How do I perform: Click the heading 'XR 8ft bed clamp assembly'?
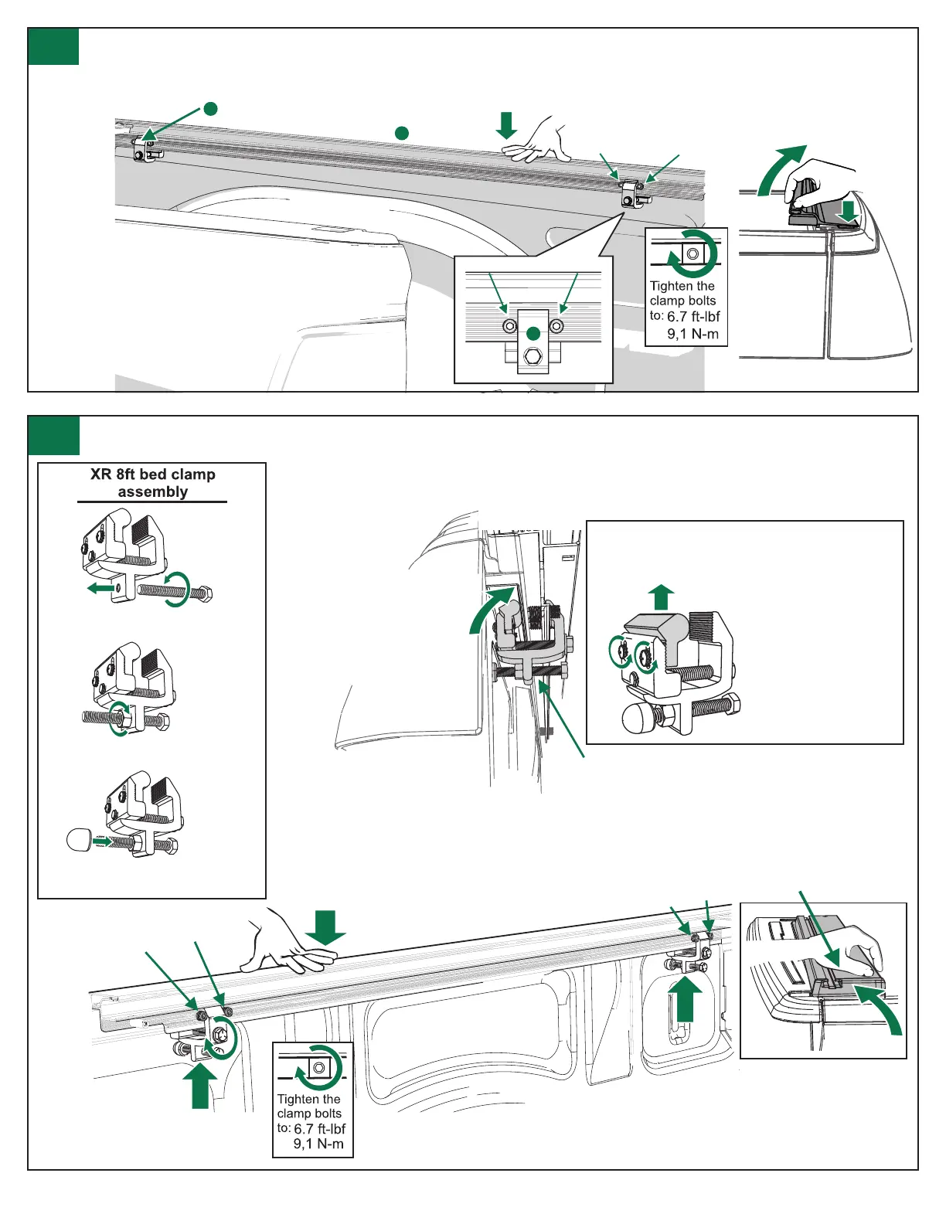152,483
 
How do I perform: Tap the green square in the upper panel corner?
53,47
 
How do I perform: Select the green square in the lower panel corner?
53,435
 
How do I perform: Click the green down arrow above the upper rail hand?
506,125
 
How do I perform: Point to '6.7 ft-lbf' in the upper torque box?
693,317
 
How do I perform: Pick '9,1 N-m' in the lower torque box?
318,1144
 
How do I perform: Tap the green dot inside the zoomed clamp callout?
533,334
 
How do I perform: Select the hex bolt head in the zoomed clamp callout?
533,357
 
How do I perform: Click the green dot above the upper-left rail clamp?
209,108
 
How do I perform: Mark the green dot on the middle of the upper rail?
401,133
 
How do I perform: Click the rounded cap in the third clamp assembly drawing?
80,839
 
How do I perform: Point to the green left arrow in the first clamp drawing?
100,589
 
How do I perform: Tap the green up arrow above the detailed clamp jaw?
660,597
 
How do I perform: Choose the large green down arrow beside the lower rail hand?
325,927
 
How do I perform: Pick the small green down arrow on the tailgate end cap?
849,211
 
